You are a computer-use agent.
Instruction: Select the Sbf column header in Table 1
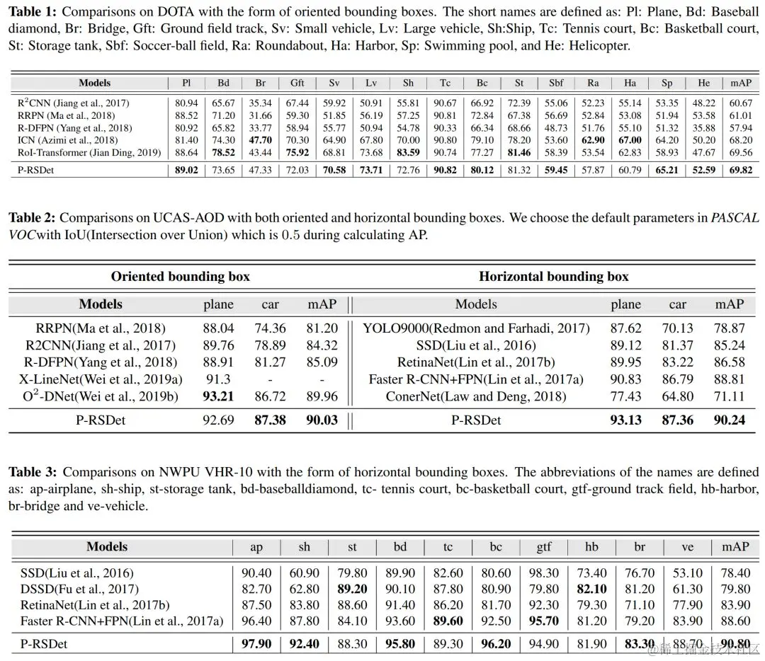pos(556,83)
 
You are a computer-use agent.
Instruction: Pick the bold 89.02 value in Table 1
pos(186,170)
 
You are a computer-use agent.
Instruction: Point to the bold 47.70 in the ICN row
pos(261,140)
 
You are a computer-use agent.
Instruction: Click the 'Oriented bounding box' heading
pos(181,277)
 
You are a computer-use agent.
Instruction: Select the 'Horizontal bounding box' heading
pos(553,277)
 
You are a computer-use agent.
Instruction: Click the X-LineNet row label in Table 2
pos(101,379)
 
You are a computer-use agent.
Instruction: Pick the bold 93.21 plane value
pos(218,396)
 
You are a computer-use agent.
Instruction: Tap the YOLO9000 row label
pos(476,328)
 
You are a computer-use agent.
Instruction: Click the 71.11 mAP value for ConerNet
pos(729,396)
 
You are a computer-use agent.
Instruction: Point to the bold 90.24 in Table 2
pos(729,420)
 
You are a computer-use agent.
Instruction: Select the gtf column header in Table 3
pos(543,546)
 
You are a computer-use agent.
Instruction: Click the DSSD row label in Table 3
pos(79,589)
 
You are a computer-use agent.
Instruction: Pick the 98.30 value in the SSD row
pos(543,573)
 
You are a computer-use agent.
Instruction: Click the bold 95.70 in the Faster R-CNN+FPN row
pos(543,621)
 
